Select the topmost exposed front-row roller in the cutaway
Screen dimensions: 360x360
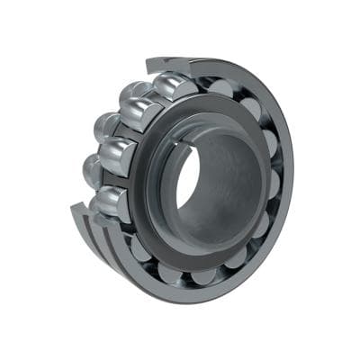click(170, 88)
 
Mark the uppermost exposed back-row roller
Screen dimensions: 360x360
click(135, 89)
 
